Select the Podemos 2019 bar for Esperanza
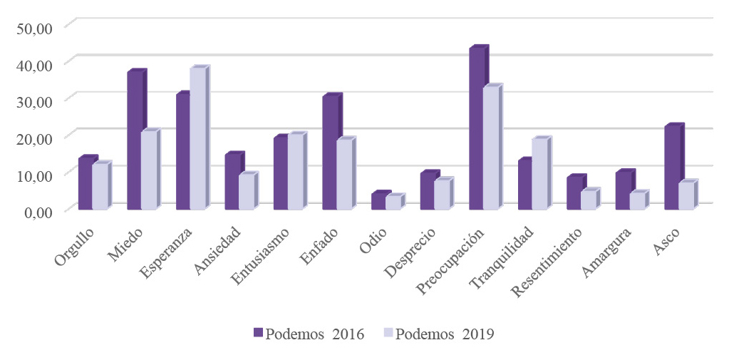197,140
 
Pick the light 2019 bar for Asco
685,197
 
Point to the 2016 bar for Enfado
329,153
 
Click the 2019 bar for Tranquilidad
539,174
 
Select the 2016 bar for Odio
378,202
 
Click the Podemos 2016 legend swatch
258,333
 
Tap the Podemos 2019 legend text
445,334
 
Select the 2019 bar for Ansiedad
246,192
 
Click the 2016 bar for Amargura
623,191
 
